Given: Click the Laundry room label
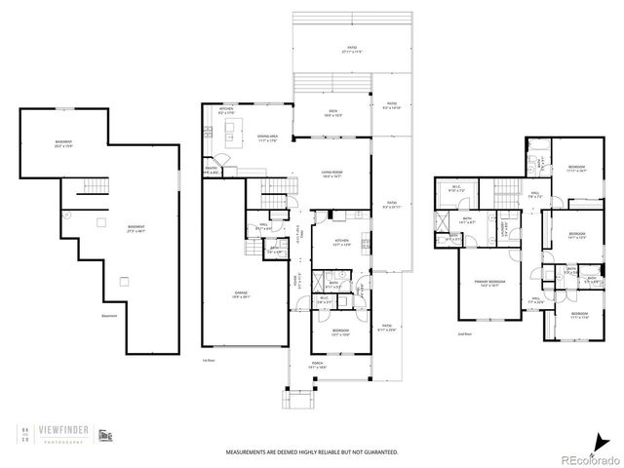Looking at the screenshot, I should pos(503,230).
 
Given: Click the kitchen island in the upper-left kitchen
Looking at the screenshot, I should pos(232,131).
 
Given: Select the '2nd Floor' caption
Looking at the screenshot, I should pos(465,334).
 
